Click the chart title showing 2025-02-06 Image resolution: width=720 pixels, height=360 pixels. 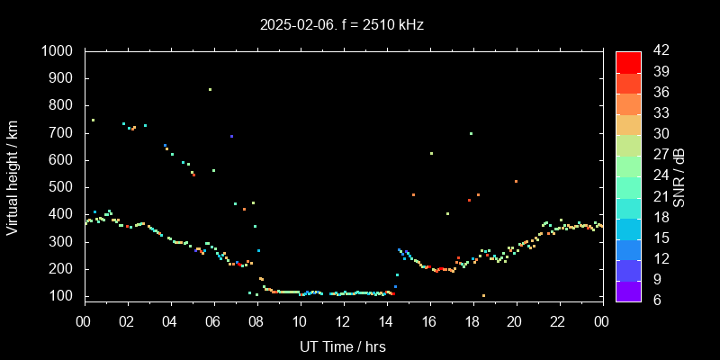click(x=341, y=25)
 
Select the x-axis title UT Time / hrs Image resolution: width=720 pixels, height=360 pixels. click(x=343, y=346)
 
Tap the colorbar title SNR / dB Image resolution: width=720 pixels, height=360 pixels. click(x=679, y=175)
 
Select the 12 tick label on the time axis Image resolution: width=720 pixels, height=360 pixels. click(x=343, y=321)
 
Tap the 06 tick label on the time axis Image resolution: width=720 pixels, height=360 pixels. click(x=213, y=321)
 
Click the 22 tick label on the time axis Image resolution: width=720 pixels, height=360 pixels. click(x=559, y=321)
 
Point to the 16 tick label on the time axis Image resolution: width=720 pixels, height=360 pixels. click(x=429, y=321)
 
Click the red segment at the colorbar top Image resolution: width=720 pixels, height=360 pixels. click(x=628, y=61)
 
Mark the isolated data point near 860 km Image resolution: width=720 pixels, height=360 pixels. click(x=210, y=89)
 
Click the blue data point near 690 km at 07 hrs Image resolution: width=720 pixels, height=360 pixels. click(x=231, y=136)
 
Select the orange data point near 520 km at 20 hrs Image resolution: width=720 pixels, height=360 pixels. click(x=516, y=181)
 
